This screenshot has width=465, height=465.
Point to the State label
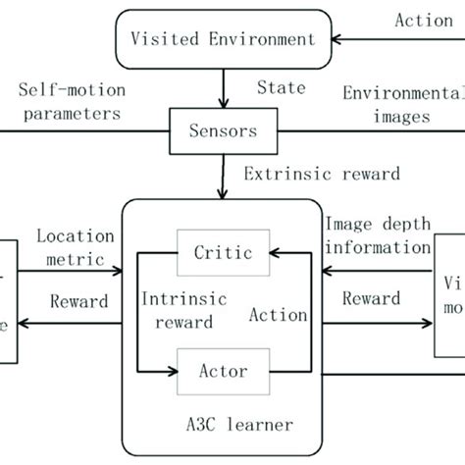point(282,88)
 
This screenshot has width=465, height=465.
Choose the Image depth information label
point(378,234)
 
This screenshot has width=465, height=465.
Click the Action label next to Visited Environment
point(423,19)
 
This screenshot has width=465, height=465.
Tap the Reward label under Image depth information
point(369,298)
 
